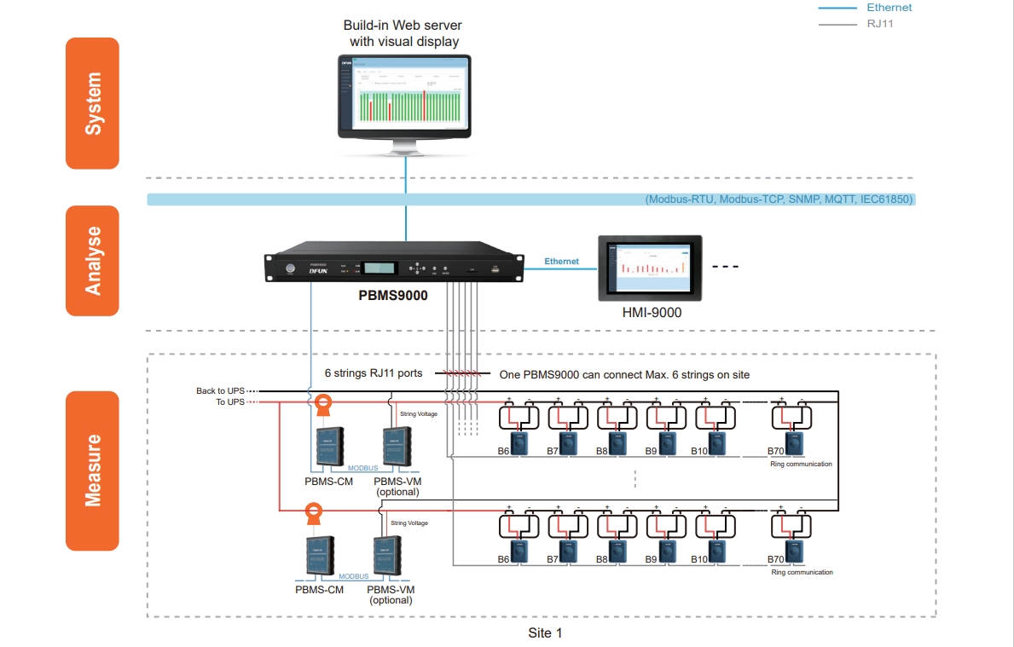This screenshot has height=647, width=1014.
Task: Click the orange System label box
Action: [92, 103]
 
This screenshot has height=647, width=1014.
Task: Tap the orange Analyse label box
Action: [92, 261]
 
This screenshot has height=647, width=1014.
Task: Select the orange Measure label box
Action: [92, 471]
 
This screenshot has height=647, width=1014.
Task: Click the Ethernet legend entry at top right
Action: [889, 8]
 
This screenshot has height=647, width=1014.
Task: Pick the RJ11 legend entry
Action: [880, 24]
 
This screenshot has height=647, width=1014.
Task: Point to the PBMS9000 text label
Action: [392, 296]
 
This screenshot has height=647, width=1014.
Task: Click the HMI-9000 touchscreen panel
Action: [650, 269]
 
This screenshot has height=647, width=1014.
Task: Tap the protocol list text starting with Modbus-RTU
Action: [779, 199]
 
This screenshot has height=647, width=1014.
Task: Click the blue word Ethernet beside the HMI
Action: [561, 261]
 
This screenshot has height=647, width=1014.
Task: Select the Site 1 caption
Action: [545, 633]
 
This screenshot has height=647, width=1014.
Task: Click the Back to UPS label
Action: [220, 391]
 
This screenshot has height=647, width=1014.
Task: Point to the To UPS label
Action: [230, 402]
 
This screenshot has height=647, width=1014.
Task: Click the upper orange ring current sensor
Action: [323, 402]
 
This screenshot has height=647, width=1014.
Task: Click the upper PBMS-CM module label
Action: [328, 481]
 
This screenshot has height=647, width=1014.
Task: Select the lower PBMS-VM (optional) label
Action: [391, 594]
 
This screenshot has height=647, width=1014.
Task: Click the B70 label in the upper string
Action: [775, 451]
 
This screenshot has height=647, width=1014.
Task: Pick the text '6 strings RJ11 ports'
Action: [373, 374]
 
